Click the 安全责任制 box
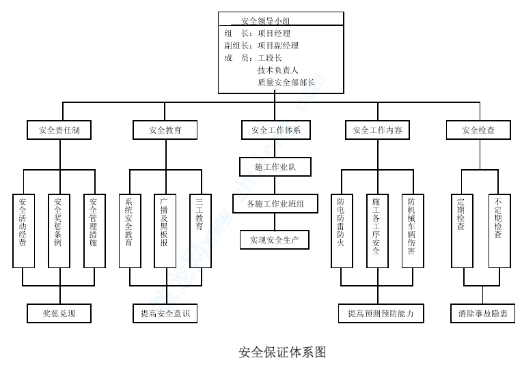click(60, 130)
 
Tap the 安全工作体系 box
click(275, 130)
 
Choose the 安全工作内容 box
click(378, 130)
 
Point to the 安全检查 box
click(478, 130)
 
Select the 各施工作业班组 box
click(275, 203)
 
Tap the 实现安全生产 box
click(275, 240)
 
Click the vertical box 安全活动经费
click(23, 231)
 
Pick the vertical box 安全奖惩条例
click(59, 231)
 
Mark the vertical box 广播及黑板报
click(164, 231)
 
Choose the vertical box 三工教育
click(200, 231)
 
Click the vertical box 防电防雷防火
click(341, 231)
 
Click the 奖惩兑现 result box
click(59, 314)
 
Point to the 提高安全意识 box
click(165, 314)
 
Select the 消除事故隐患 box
click(482, 314)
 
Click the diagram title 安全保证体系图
click(281, 352)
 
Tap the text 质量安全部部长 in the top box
click(286, 82)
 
